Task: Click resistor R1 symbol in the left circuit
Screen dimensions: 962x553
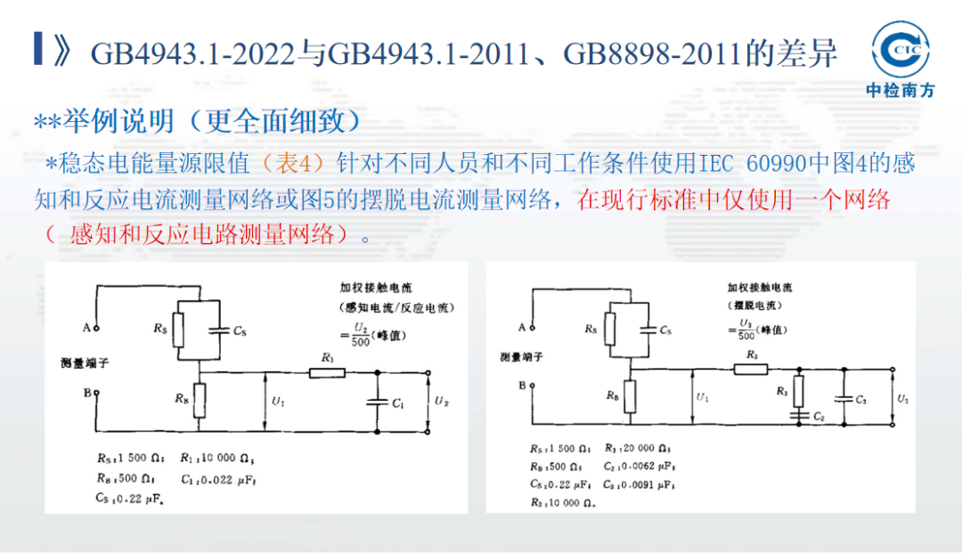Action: point(327,371)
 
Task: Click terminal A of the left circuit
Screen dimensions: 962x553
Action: point(97,328)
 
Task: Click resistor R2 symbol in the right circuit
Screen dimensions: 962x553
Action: point(751,368)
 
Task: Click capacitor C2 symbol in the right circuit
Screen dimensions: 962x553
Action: point(797,414)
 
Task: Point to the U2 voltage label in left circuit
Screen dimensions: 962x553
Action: point(442,402)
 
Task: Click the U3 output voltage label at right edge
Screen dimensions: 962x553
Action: point(904,399)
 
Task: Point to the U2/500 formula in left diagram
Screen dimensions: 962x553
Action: point(361,336)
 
